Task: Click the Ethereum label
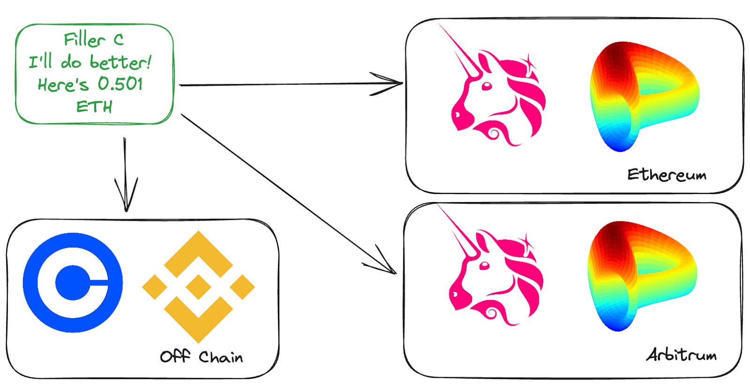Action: click(667, 175)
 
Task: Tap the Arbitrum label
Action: click(682, 355)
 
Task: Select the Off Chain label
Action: click(201, 357)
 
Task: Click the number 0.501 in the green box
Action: click(120, 84)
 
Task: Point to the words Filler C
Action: click(94, 40)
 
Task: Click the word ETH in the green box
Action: click(94, 107)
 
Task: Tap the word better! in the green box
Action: click(120, 62)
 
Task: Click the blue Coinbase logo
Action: click(73, 283)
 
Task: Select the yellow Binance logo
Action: click(198, 286)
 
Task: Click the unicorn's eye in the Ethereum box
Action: click(487, 86)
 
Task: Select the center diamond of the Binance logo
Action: click(198, 287)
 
